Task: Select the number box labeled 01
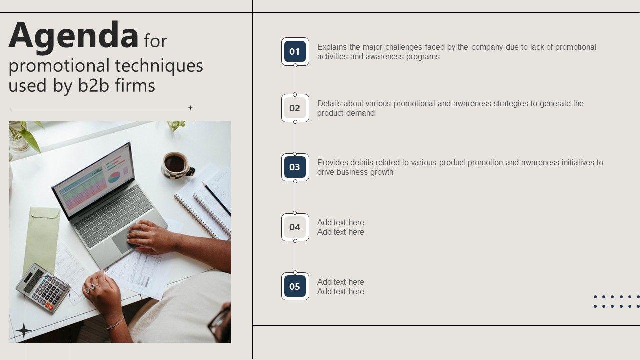tap(295, 51)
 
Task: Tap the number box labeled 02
tap(295, 108)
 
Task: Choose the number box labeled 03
tap(295, 167)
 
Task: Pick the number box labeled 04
tap(295, 227)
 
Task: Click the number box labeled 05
tap(295, 286)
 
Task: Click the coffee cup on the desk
tap(177, 165)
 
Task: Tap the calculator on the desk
tap(43, 288)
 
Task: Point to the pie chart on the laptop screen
tap(114, 177)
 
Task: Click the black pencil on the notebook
tap(216, 199)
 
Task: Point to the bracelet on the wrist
tap(117, 323)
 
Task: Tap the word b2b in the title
tap(93, 85)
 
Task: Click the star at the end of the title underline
tap(190, 108)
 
